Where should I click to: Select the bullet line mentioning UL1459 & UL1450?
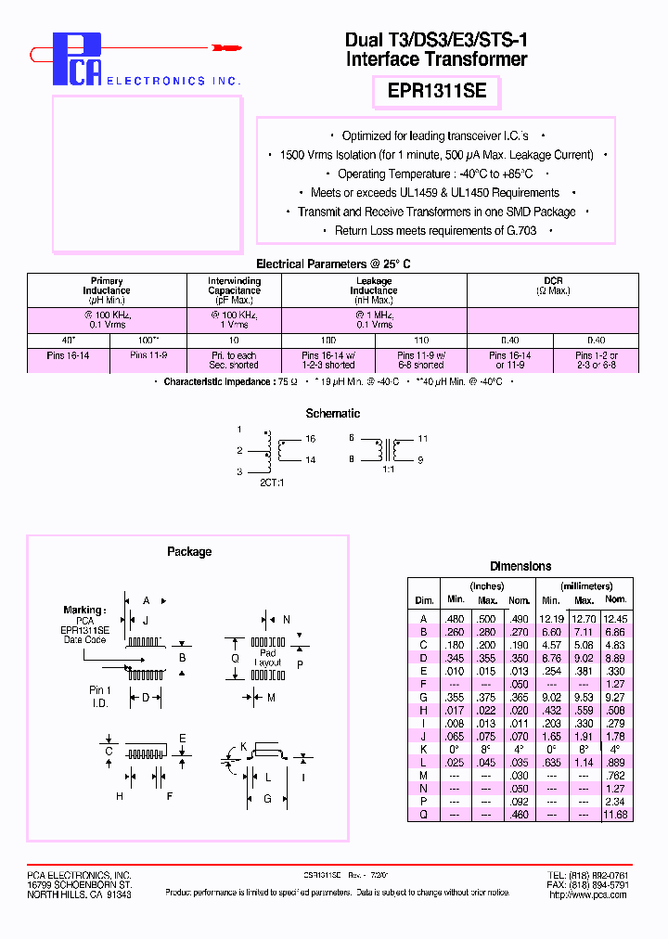(x=435, y=193)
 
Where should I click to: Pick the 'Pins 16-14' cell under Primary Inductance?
(x=68, y=355)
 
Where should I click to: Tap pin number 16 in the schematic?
(x=310, y=438)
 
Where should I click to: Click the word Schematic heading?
(x=333, y=413)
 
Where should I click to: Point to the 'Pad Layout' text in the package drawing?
(x=268, y=658)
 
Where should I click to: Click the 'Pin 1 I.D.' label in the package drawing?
(x=99, y=696)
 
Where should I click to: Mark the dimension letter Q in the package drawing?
(x=236, y=658)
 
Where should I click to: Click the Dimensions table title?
(x=520, y=566)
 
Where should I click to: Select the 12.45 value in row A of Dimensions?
(x=615, y=618)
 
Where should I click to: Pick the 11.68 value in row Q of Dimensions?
(x=615, y=814)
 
